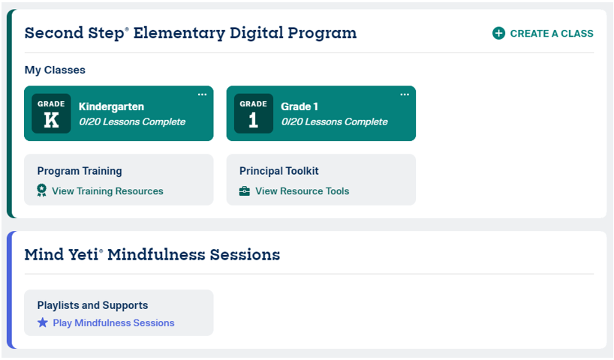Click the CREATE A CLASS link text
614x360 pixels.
pos(552,34)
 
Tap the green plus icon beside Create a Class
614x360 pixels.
pos(498,33)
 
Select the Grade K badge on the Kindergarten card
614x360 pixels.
pos(51,113)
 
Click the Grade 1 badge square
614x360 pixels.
pos(254,113)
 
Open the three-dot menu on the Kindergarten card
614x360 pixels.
pos(202,94)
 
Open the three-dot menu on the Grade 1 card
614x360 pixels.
pos(405,94)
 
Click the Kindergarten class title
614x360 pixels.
pos(111,106)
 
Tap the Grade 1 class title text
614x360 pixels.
pos(299,106)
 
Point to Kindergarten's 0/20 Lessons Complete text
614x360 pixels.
pos(132,121)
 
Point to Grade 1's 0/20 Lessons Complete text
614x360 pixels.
pos(335,121)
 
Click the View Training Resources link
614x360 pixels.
pos(107,191)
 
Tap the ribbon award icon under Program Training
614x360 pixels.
pos(41,190)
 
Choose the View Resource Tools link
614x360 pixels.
pos(302,191)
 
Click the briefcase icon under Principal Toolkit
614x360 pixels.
pos(245,191)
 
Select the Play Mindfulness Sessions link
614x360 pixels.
pos(113,322)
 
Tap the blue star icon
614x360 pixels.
pos(43,322)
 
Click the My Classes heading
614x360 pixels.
pos(55,70)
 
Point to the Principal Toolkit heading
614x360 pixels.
pos(278,171)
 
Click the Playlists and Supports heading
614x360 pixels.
pos(92,305)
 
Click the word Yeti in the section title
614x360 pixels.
pos(83,255)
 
